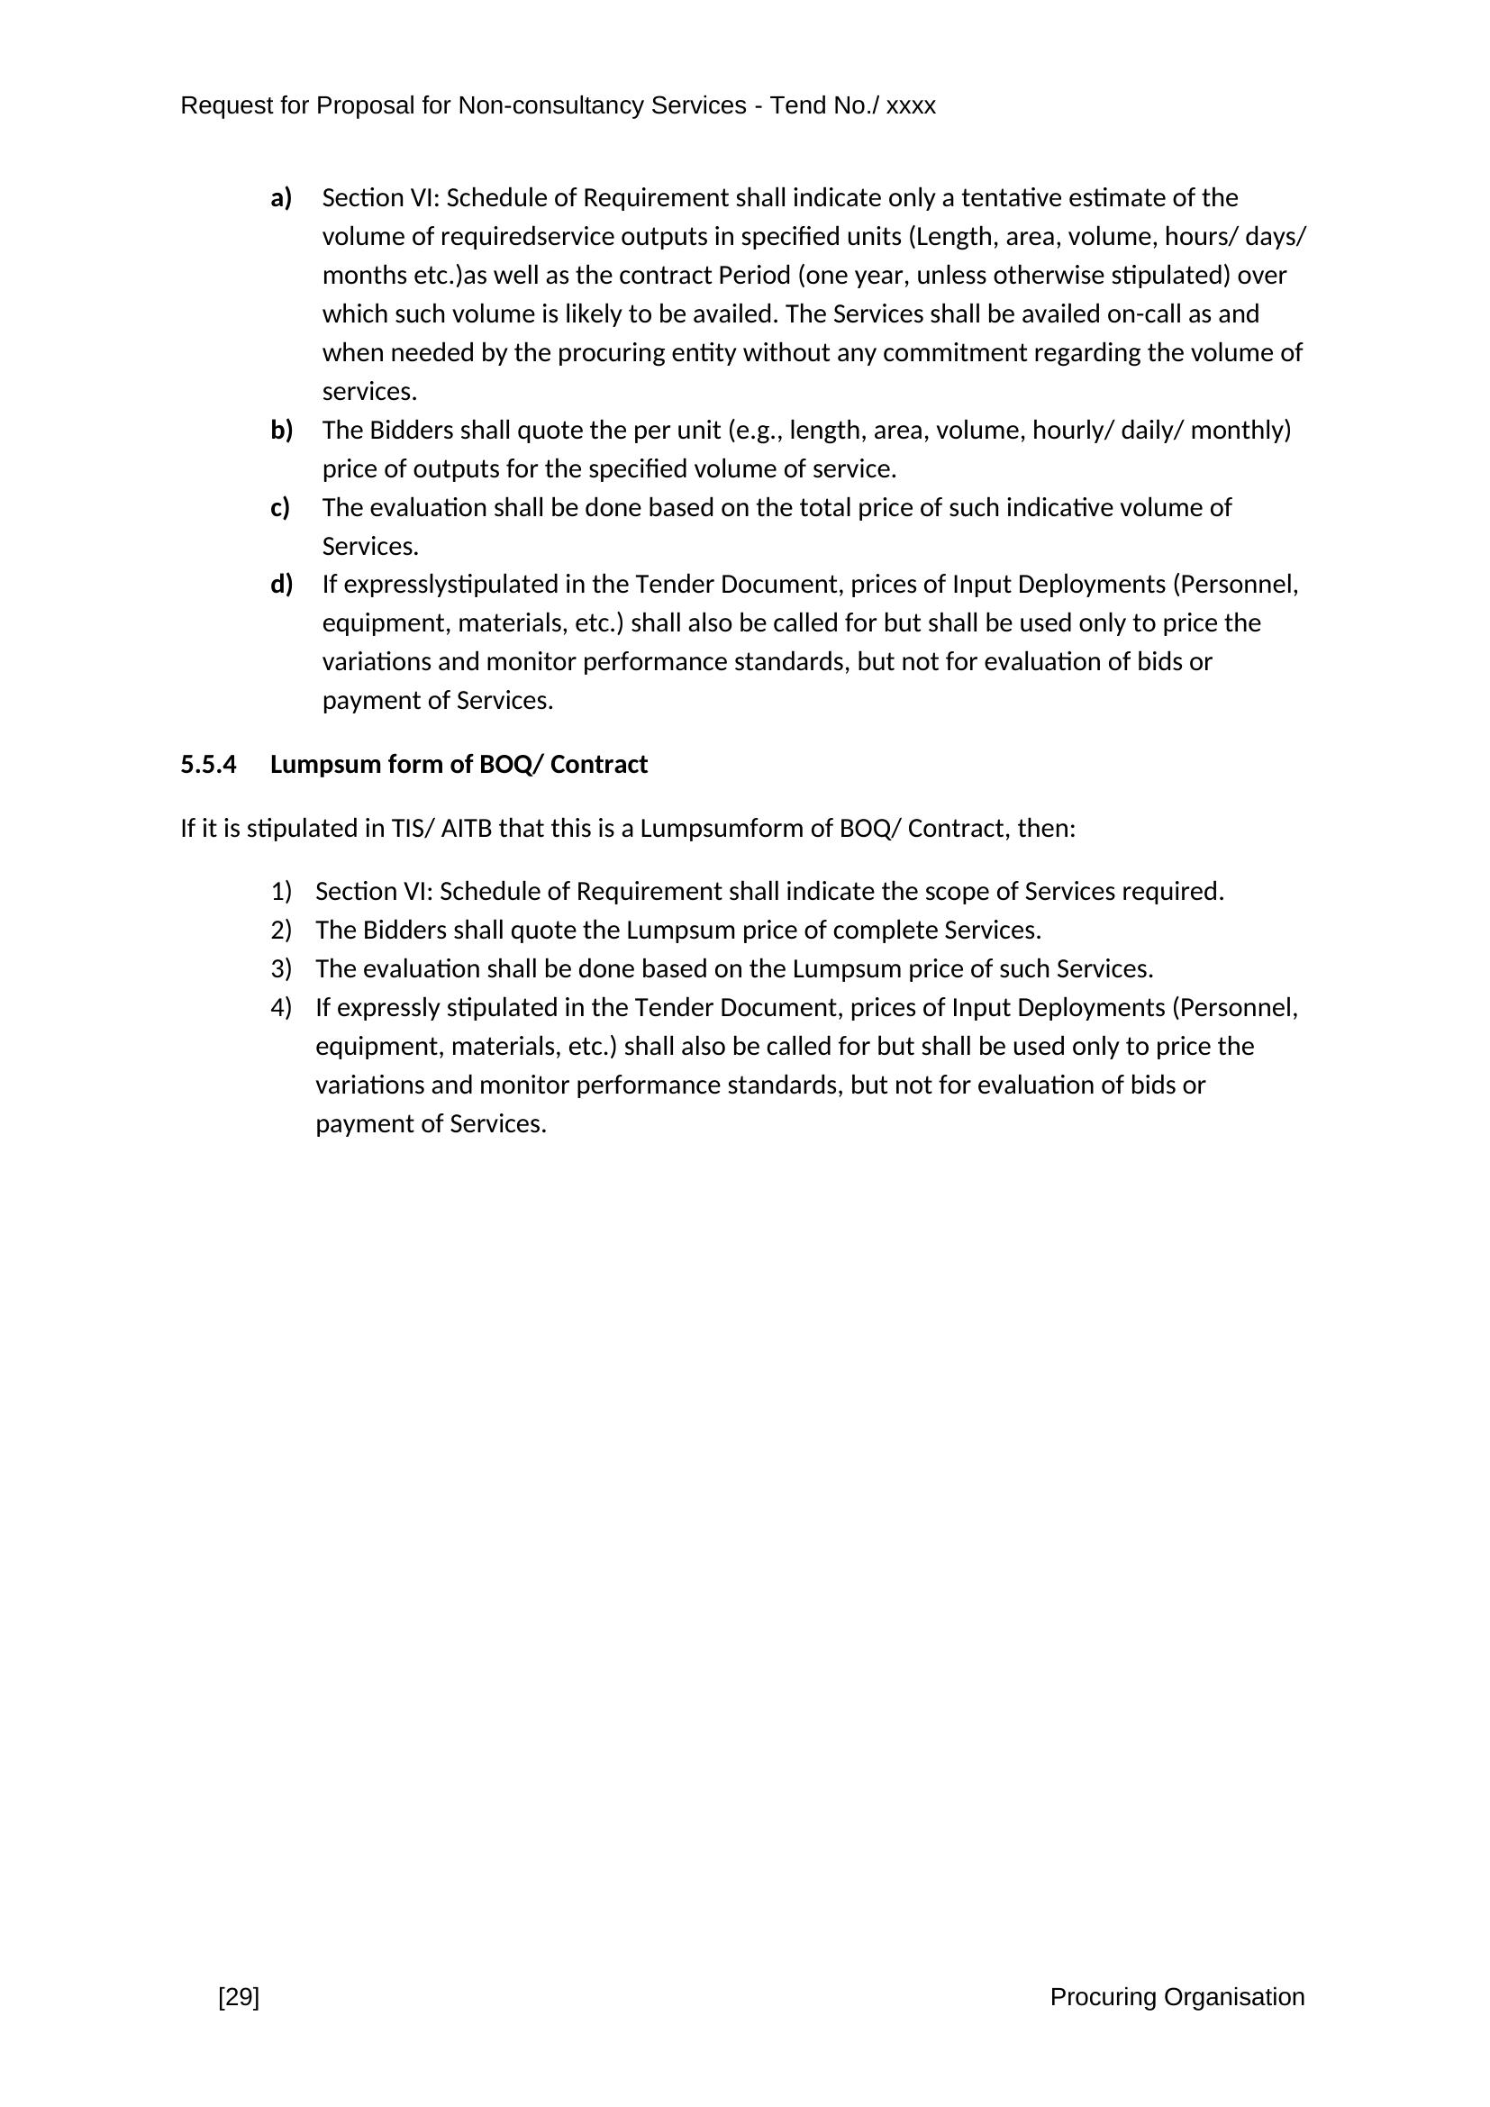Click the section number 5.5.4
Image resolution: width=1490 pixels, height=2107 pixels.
tap(208, 765)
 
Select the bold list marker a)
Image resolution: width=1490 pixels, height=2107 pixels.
tap(281, 197)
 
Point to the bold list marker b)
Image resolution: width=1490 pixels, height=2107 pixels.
tap(281, 430)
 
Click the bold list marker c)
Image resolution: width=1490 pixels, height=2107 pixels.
tap(280, 506)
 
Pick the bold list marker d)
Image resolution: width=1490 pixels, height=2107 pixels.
tap(281, 584)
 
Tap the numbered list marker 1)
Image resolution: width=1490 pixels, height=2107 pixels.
tap(281, 891)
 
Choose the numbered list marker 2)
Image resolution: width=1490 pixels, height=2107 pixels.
tap(281, 930)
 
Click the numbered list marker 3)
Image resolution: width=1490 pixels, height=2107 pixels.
tap(281, 968)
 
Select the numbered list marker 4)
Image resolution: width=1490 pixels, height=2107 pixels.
tap(281, 1008)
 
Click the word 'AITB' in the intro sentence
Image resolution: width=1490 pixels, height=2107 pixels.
tap(466, 829)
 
